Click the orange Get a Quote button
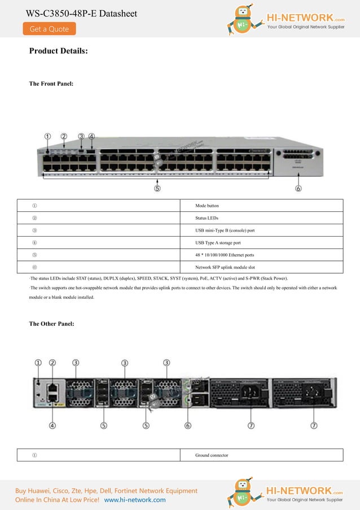(49, 29)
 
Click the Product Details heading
(58, 51)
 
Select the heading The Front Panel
(51, 84)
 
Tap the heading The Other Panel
(51, 324)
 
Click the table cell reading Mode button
(207, 206)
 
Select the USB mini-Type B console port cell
(225, 230)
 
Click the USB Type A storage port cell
(218, 243)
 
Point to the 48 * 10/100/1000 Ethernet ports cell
(225, 255)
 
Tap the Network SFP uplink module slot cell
(227, 267)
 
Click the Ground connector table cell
(212, 455)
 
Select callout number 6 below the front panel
(298, 189)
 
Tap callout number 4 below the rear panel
(52, 426)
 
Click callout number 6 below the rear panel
(187, 426)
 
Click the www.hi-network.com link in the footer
(135, 500)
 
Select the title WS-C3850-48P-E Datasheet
(81, 13)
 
